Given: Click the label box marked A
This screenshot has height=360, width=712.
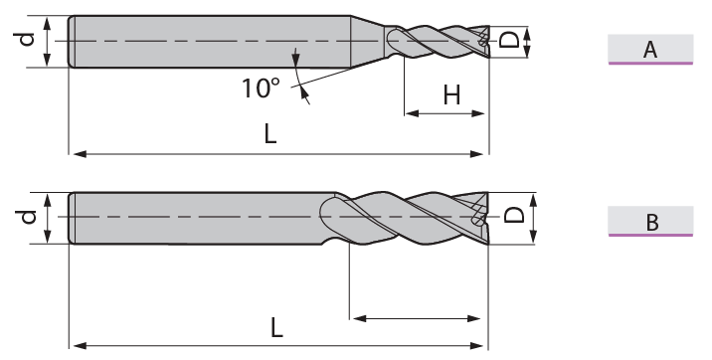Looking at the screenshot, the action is [x=650, y=49].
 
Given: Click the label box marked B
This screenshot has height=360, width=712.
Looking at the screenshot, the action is [x=650, y=221].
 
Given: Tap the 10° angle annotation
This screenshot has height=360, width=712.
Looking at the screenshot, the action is [x=261, y=89].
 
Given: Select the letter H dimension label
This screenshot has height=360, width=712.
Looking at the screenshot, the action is [x=451, y=95].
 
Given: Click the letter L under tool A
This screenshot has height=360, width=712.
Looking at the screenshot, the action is [x=270, y=134].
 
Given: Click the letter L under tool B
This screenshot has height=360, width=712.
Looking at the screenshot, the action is [x=276, y=327].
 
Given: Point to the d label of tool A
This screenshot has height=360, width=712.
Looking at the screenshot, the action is [x=27, y=39].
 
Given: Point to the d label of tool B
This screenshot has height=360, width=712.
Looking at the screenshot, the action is [x=28, y=217].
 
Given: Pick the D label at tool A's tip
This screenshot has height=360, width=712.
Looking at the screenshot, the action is [x=509, y=40].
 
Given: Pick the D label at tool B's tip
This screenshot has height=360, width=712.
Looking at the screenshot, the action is [x=514, y=215].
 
